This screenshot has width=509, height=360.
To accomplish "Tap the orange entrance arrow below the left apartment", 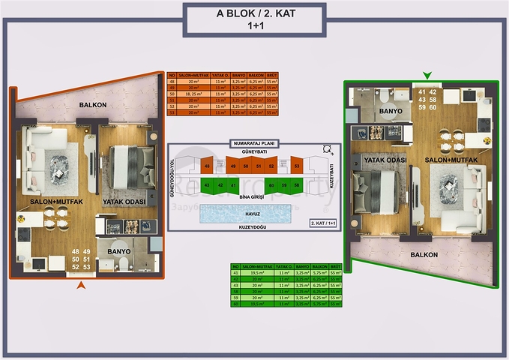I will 81,285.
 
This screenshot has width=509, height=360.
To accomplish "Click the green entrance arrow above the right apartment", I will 427,75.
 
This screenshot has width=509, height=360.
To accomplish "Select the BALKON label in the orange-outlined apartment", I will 92,104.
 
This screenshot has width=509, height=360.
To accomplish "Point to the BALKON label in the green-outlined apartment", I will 425,254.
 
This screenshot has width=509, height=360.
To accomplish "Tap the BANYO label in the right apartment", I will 391,111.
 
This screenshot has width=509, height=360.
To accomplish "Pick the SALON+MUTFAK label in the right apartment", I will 449,160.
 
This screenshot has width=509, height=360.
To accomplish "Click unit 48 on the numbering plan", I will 207,166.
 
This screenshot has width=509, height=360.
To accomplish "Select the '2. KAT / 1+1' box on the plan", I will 323,223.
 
